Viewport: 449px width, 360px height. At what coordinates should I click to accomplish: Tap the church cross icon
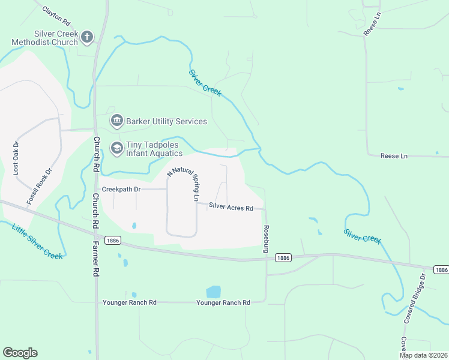coord(86,37)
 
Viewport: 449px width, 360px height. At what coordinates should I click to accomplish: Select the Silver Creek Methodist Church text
coord(47,38)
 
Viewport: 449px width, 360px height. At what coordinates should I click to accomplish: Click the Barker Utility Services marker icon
coord(116,121)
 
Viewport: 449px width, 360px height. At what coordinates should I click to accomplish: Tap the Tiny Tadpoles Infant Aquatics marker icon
coord(116,147)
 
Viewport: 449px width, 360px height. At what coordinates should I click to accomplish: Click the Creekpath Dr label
coord(121,189)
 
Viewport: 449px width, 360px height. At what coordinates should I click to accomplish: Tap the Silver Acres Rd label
coord(231,208)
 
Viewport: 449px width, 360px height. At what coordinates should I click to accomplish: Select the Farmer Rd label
coord(95,259)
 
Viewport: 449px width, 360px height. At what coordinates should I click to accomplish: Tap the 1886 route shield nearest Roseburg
coord(283,257)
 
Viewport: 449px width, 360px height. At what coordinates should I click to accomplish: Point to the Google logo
coord(20,353)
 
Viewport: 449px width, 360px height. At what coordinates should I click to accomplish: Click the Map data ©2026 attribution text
coord(423,355)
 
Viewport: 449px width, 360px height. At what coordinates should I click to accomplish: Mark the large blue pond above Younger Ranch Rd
coord(213,292)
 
